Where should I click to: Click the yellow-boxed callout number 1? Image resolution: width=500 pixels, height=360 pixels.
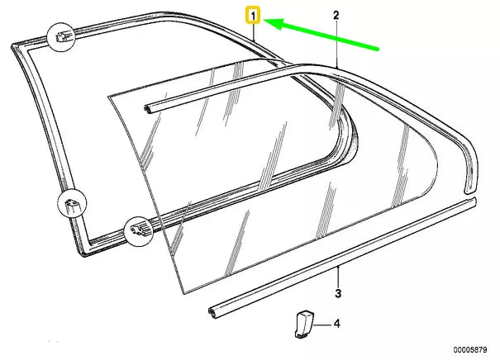(254, 15)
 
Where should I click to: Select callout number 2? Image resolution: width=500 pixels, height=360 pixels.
(336, 15)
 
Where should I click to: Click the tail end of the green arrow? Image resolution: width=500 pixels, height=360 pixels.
(379, 49)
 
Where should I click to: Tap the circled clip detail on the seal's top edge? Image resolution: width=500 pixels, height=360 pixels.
(63, 37)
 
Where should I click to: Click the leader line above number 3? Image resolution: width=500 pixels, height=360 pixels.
(337, 276)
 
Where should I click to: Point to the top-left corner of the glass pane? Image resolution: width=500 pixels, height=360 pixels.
(109, 96)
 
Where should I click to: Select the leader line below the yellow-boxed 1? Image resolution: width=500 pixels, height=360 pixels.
(255, 33)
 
